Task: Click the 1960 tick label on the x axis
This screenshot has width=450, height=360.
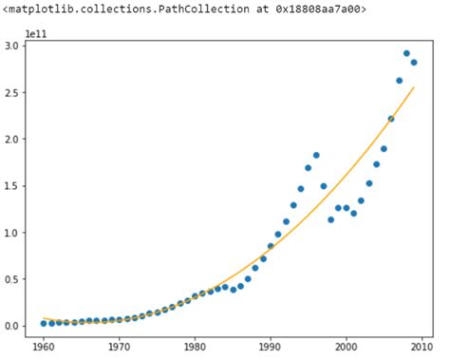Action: click(44, 347)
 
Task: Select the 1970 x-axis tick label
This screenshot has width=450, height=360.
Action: click(119, 347)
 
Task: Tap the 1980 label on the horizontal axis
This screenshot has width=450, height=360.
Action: click(195, 347)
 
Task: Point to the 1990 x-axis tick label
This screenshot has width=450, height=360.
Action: click(270, 347)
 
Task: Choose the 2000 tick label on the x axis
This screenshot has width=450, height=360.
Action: click(346, 347)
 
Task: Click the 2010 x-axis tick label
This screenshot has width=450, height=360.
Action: click(421, 347)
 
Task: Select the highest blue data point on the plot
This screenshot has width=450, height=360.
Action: click(406, 53)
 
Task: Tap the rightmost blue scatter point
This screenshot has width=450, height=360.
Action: click(414, 63)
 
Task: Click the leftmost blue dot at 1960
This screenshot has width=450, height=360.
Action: click(44, 323)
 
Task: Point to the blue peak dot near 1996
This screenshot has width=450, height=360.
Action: click(316, 155)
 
